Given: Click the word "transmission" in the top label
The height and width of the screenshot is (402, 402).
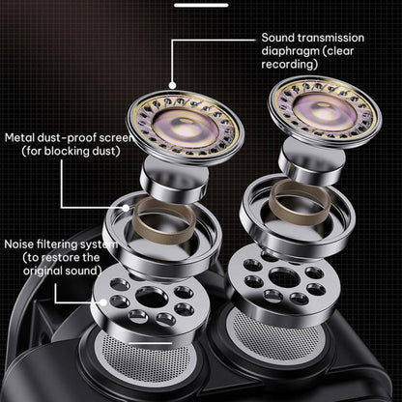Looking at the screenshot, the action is click(330, 38).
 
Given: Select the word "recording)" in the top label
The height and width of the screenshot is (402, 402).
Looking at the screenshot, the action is click(290, 65).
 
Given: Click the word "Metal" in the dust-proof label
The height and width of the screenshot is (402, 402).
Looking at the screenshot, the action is click(18, 138).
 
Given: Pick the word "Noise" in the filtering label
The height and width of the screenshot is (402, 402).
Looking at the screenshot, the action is click(19, 244).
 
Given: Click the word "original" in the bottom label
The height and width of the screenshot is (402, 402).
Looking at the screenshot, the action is click(43, 271).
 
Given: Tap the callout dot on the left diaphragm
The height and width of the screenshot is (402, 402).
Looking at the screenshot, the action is click(173, 85).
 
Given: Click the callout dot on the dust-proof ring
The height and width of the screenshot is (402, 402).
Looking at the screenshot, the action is click(126, 208).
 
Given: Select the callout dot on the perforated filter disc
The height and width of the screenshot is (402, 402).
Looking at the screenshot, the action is click(103, 302).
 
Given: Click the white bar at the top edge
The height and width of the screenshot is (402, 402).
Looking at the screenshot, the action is click(201, 5).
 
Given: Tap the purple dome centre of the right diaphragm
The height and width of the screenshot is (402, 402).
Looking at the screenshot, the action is click(326, 108).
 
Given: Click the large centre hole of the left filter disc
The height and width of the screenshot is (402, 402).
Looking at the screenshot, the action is click(152, 297).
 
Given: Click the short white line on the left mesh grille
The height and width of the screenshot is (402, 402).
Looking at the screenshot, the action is click(150, 343).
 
